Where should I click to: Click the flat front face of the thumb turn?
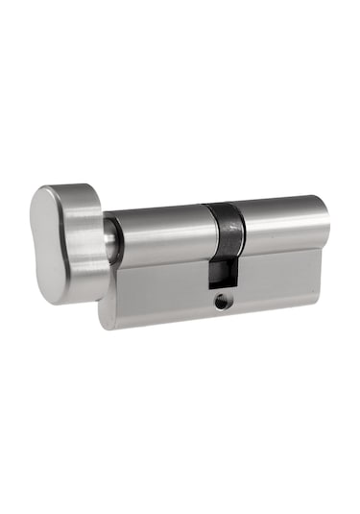click(48, 245)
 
